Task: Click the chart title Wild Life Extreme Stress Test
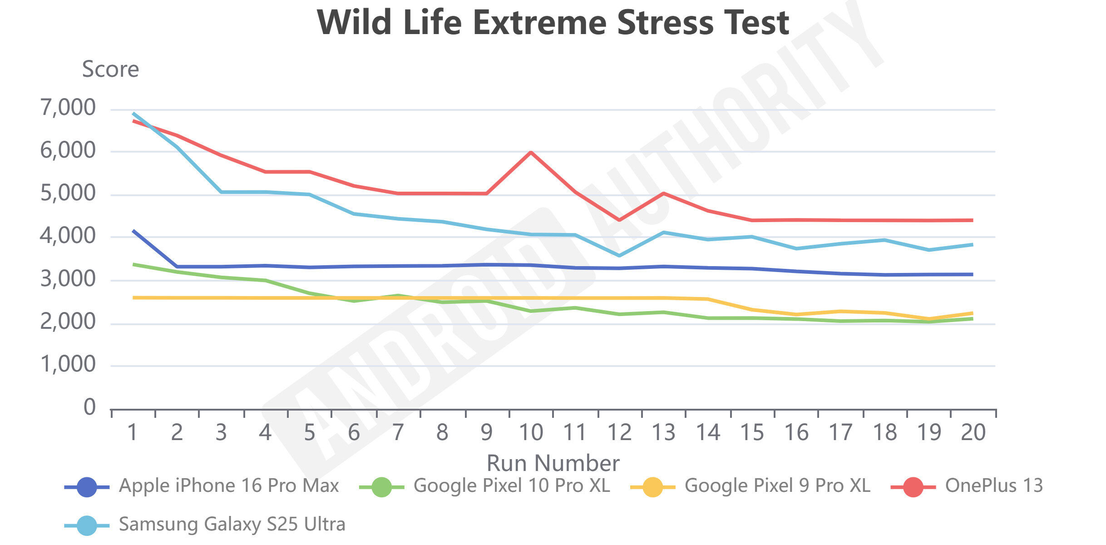(x=553, y=23)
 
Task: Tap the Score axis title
(x=110, y=69)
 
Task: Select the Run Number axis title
(x=553, y=463)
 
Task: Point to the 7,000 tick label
(x=68, y=108)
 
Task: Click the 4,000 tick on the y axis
(x=68, y=236)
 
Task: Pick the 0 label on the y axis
(x=89, y=407)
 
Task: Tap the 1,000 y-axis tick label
(x=68, y=365)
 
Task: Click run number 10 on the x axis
(x=530, y=432)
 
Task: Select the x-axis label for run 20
(x=973, y=432)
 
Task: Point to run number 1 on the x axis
(x=133, y=432)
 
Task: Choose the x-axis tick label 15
(x=752, y=432)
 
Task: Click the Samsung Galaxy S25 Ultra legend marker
(x=87, y=525)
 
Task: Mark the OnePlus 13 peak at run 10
(x=531, y=152)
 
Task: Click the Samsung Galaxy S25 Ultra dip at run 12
(x=619, y=256)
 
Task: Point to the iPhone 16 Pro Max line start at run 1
(x=133, y=231)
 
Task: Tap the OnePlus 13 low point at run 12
(x=619, y=220)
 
